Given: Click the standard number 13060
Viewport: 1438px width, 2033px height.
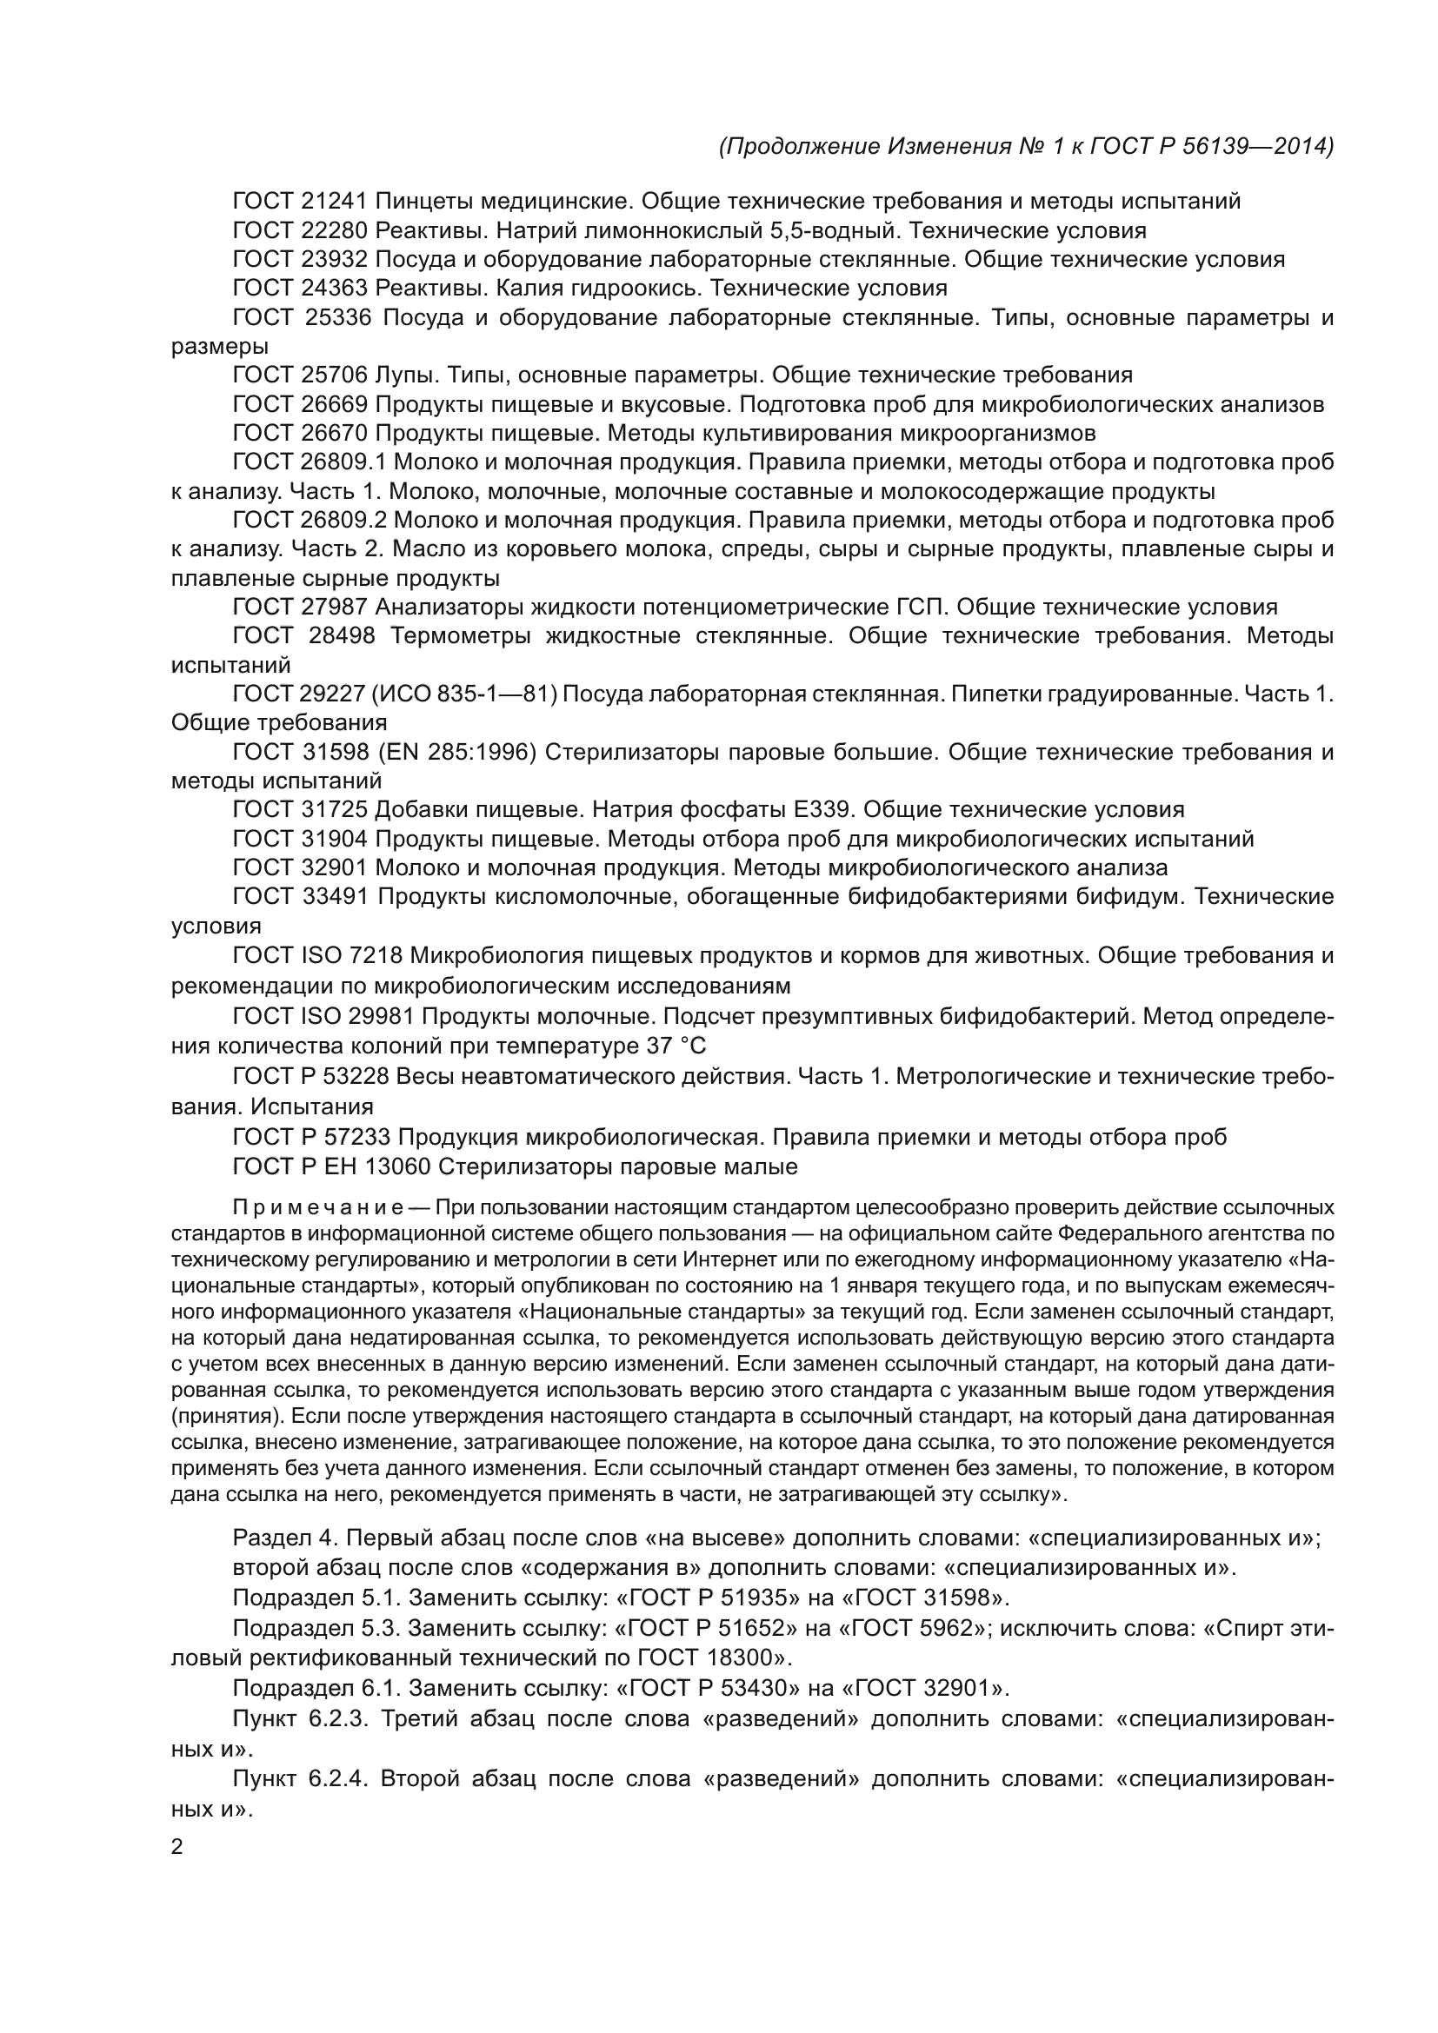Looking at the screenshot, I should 397,1167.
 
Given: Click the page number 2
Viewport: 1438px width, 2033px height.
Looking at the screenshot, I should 176,1848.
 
